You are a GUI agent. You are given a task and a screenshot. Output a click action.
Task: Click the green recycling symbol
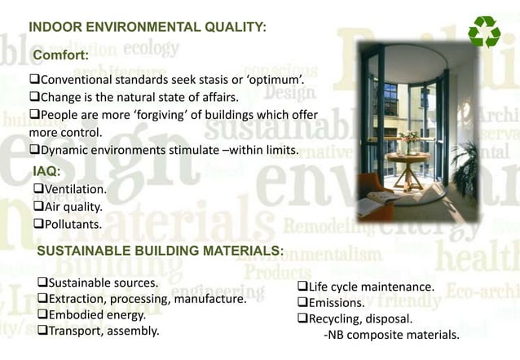(484, 32)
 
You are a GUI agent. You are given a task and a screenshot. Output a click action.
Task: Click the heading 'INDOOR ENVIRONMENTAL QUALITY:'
(148, 28)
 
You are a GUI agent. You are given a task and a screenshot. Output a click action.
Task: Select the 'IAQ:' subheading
(46, 171)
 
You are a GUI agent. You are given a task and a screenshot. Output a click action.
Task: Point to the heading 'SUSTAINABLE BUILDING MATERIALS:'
(161, 250)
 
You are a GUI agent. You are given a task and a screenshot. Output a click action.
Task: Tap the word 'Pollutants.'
(73, 224)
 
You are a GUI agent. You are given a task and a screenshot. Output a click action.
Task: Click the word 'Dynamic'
(64, 150)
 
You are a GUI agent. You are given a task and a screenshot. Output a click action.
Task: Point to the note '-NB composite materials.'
(391, 335)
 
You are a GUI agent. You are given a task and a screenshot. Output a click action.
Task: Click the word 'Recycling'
(336, 318)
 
